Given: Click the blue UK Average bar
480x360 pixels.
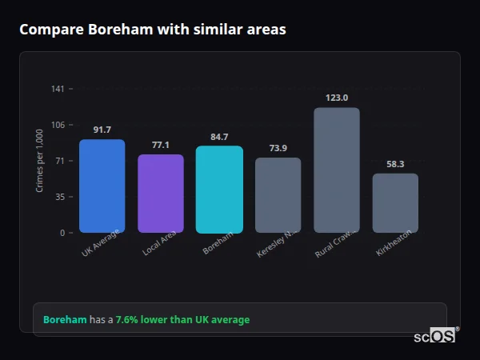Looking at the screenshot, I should (x=102, y=186).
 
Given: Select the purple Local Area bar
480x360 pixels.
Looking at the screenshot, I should (x=161, y=194).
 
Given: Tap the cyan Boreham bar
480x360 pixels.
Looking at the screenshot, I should (x=219, y=190).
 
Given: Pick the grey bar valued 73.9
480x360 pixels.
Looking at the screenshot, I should (x=278, y=195).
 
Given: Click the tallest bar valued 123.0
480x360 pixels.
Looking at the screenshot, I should (x=337, y=170).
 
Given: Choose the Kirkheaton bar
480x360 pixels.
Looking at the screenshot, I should (x=395, y=203).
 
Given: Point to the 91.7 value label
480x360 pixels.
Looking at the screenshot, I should (x=102, y=130).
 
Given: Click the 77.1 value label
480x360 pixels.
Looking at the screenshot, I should (x=161, y=145).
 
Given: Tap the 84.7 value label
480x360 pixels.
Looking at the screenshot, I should (x=219, y=137).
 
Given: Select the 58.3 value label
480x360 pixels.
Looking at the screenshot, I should (x=395, y=164).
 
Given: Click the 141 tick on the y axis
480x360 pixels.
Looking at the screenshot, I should (x=58, y=89).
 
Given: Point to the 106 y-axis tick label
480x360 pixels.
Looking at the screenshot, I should (x=58, y=125).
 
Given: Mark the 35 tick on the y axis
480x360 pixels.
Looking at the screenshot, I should (x=60, y=197).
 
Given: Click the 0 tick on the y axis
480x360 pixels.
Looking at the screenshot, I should (x=62, y=233).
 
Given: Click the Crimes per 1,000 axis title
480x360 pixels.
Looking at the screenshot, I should (x=40, y=161).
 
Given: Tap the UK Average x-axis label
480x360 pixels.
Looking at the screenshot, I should (x=101, y=243).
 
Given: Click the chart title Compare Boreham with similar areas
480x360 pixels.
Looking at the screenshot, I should (x=152, y=30).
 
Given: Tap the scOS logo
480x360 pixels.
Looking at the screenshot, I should (x=434, y=337).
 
